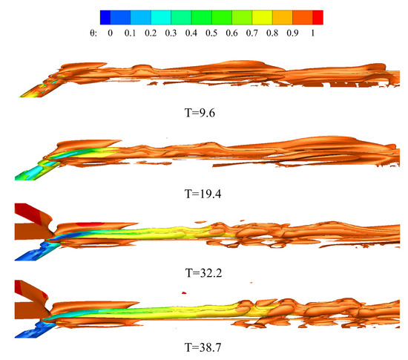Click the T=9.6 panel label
(200, 113)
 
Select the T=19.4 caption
(203, 194)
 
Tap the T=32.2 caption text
(203, 273)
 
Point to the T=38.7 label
(203, 347)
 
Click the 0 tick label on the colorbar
(111, 33)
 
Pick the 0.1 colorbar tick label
(130, 33)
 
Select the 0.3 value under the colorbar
(171, 33)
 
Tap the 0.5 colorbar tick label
(211, 33)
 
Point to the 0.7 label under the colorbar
(252, 33)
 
